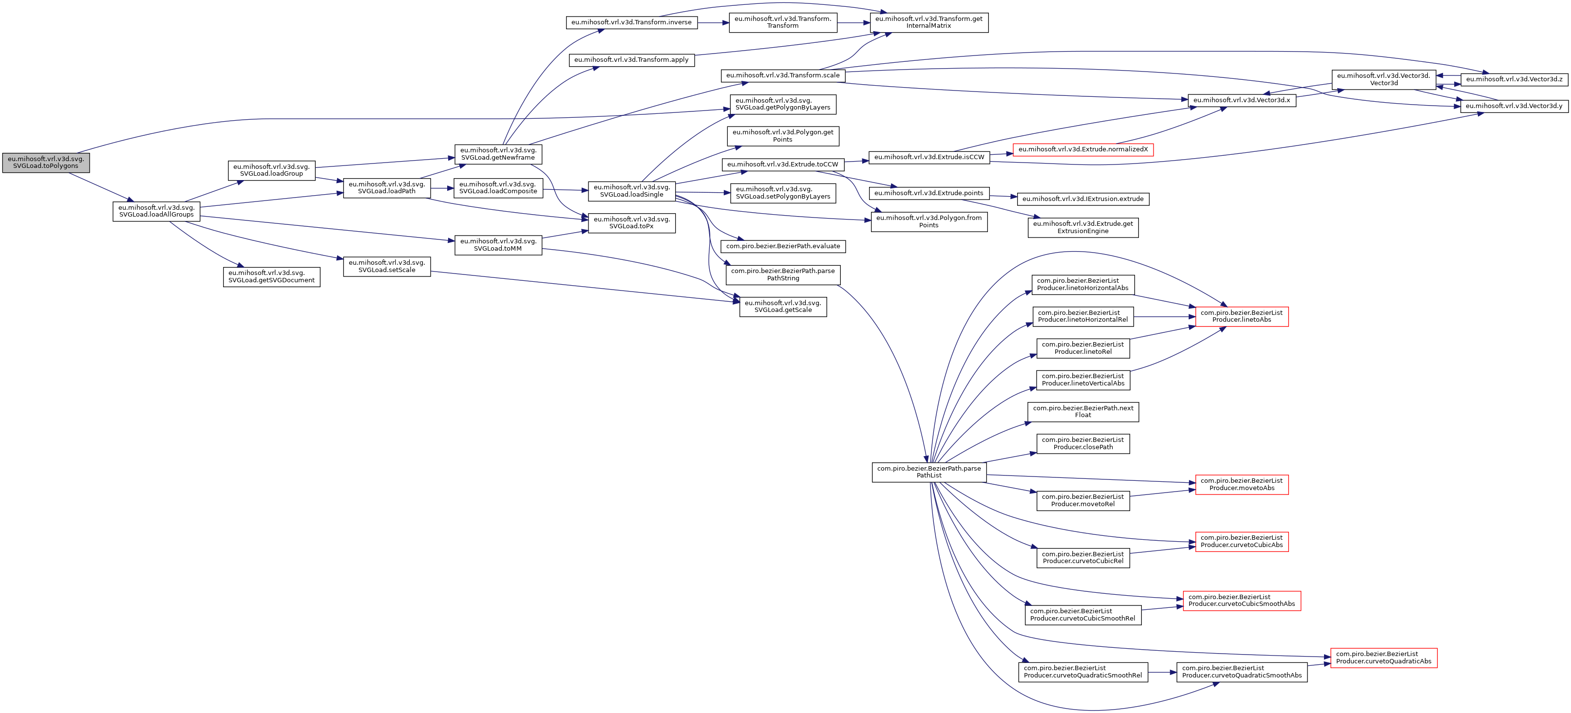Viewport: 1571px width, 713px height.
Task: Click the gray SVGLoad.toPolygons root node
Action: coord(46,163)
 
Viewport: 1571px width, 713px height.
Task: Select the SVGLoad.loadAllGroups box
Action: coord(156,211)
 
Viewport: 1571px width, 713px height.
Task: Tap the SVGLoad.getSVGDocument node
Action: coord(271,276)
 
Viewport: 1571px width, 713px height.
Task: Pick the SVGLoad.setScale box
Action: coord(387,266)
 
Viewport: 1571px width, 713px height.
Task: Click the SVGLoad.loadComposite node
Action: coord(498,188)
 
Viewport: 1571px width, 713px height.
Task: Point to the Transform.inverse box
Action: coord(631,22)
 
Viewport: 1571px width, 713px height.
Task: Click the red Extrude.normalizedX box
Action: coord(1082,149)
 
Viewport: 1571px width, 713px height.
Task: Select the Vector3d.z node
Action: coord(1514,79)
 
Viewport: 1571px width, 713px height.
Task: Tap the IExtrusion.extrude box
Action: coord(1082,199)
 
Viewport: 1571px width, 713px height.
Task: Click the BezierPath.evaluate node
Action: coord(782,246)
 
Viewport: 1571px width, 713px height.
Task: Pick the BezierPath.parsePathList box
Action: coord(929,472)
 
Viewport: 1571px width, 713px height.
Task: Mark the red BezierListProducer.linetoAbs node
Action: coord(1242,316)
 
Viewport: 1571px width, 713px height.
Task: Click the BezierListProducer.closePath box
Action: coord(1082,444)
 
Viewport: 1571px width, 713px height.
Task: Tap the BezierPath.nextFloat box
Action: coord(1082,412)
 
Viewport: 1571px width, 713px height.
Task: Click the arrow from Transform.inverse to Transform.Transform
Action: coord(713,22)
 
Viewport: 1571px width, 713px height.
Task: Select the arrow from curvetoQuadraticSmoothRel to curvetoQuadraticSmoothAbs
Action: coord(1162,672)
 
